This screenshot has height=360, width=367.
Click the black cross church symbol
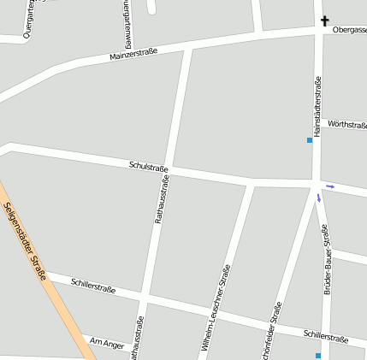click(x=325, y=21)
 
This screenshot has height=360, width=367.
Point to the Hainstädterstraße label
click(x=317, y=107)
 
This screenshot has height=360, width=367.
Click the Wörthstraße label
click(x=346, y=125)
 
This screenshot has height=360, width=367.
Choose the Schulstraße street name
click(x=148, y=166)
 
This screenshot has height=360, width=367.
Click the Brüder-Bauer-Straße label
click(x=326, y=260)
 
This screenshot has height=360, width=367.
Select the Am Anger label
click(x=107, y=344)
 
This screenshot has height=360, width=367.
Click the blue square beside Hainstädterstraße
click(x=310, y=139)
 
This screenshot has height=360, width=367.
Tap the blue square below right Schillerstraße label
click(x=317, y=355)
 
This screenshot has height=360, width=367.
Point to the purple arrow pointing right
click(x=329, y=186)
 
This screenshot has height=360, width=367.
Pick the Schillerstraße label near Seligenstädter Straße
click(x=93, y=285)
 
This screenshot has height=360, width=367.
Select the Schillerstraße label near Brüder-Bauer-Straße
click(x=325, y=336)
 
